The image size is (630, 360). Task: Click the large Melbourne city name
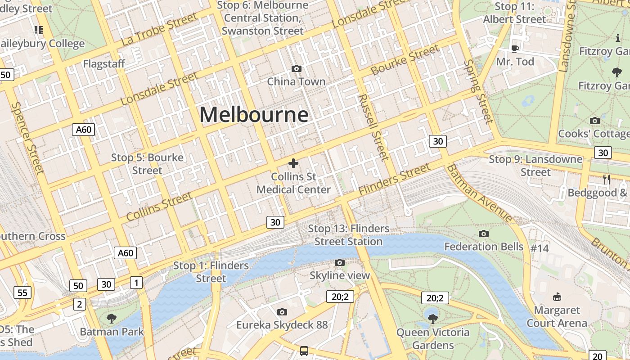(254, 114)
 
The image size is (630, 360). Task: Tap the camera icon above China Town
(296, 68)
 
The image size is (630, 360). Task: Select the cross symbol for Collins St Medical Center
(293, 163)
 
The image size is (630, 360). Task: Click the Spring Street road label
(478, 91)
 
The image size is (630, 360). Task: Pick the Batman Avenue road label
(480, 194)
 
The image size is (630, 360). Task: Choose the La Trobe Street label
(159, 29)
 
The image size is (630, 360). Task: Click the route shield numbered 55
(22, 293)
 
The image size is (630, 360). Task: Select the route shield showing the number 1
(136, 283)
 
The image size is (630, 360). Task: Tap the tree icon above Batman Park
(112, 318)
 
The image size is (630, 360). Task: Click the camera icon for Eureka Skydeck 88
(282, 312)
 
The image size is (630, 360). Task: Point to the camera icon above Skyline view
(340, 262)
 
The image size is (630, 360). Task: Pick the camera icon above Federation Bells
(484, 234)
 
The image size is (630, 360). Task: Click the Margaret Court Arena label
(557, 316)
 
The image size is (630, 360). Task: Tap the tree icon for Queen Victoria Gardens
(433, 319)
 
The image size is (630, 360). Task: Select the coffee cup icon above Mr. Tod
(515, 48)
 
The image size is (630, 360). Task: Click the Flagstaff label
(104, 64)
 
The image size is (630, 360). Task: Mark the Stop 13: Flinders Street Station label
(349, 235)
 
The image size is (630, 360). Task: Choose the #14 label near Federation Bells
(540, 248)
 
